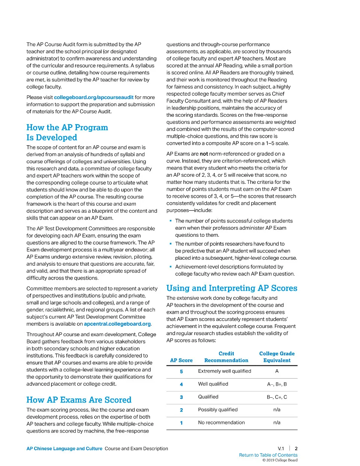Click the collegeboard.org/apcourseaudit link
point(93,97)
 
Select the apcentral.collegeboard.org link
point(117,324)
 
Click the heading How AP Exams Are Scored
point(79,400)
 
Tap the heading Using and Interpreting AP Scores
point(232,288)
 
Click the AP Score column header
point(181,361)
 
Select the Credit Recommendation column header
point(226,357)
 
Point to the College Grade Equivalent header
point(277,357)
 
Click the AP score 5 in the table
point(181,371)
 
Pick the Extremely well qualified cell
point(225,371)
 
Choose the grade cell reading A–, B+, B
point(277,384)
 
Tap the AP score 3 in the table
point(181,397)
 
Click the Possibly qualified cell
point(218,410)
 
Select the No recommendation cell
point(221,422)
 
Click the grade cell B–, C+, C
point(277,397)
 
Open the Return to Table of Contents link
point(268,455)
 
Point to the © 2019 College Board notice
point(280,460)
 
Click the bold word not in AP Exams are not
point(204,154)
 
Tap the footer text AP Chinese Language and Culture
point(64,449)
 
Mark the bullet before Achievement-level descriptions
point(171,267)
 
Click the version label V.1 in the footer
point(281,449)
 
